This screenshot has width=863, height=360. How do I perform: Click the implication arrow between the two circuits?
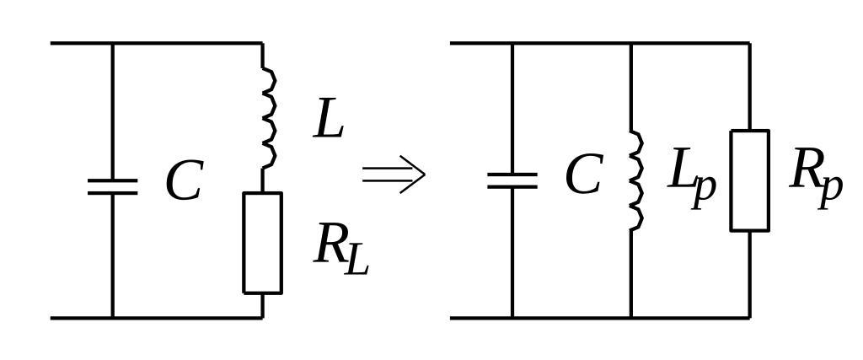[394, 175]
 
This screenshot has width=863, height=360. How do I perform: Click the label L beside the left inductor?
[329, 119]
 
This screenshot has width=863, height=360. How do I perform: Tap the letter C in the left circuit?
[184, 181]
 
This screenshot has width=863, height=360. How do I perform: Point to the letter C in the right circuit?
[583, 175]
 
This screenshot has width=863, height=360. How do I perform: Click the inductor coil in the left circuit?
[268, 118]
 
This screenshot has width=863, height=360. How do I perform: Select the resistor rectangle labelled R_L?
[262, 243]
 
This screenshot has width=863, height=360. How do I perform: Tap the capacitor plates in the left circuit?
[112, 186]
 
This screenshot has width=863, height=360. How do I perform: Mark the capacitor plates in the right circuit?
[512, 180]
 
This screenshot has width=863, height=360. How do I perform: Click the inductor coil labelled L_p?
[635, 180]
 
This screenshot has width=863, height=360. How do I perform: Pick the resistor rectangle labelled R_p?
[749, 180]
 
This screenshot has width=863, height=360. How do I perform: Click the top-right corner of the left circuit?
[262, 43]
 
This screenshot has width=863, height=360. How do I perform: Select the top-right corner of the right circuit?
[749, 43]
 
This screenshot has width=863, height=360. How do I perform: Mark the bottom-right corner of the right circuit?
[749, 318]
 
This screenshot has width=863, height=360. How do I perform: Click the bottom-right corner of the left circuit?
[262, 318]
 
